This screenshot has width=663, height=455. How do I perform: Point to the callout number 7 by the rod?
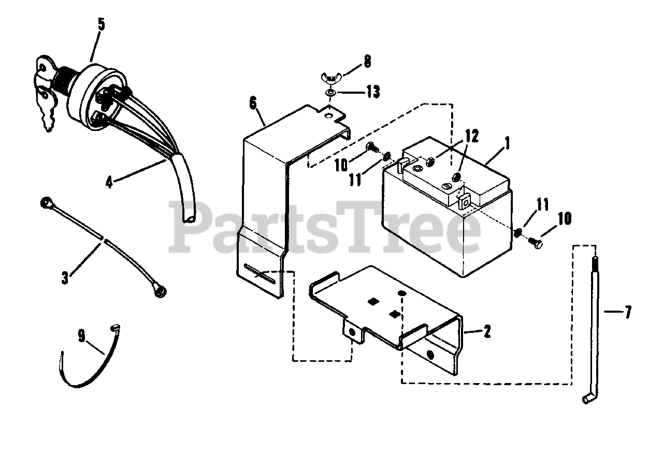[628, 313]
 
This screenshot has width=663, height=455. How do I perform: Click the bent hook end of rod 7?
[587, 398]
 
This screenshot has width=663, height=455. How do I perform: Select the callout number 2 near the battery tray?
[486, 331]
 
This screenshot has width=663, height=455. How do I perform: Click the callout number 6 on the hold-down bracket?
[253, 103]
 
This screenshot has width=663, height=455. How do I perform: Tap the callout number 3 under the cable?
[65, 277]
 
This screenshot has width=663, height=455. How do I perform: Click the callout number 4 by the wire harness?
[109, 182]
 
